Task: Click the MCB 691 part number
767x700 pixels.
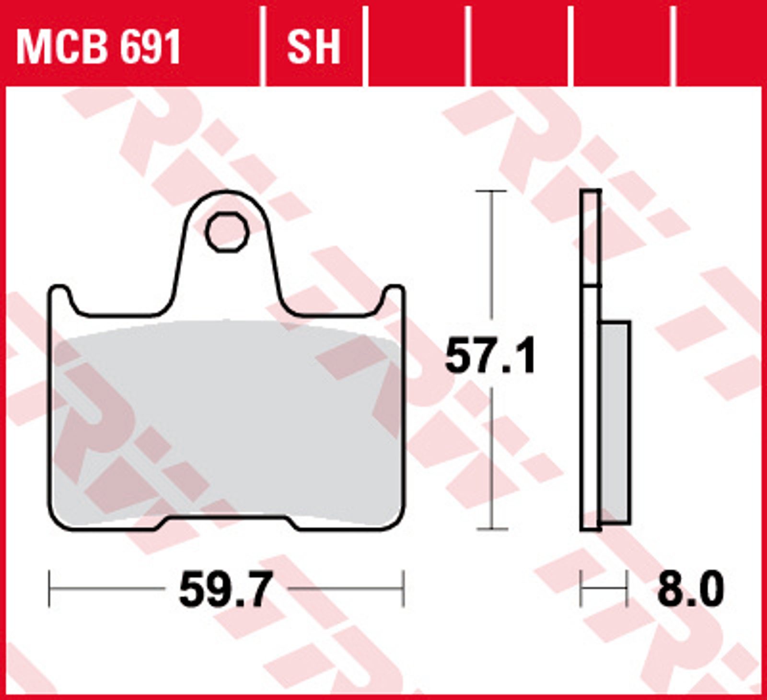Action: click(x=98, y=47)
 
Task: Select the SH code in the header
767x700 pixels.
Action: click(x=314, y=47)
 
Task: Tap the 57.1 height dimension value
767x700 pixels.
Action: click(x=490, y=355)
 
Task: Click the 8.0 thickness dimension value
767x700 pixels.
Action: click(x=690, y=590)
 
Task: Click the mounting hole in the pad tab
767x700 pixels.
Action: click(x=227, y=232)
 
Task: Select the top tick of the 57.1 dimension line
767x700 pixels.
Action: click(x=491, y=191)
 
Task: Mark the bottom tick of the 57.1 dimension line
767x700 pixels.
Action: click(x=492, y=529)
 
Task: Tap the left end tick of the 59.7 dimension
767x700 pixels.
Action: click(x=49, y=589)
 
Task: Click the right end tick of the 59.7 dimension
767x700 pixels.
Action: click(x=404, y=589)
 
